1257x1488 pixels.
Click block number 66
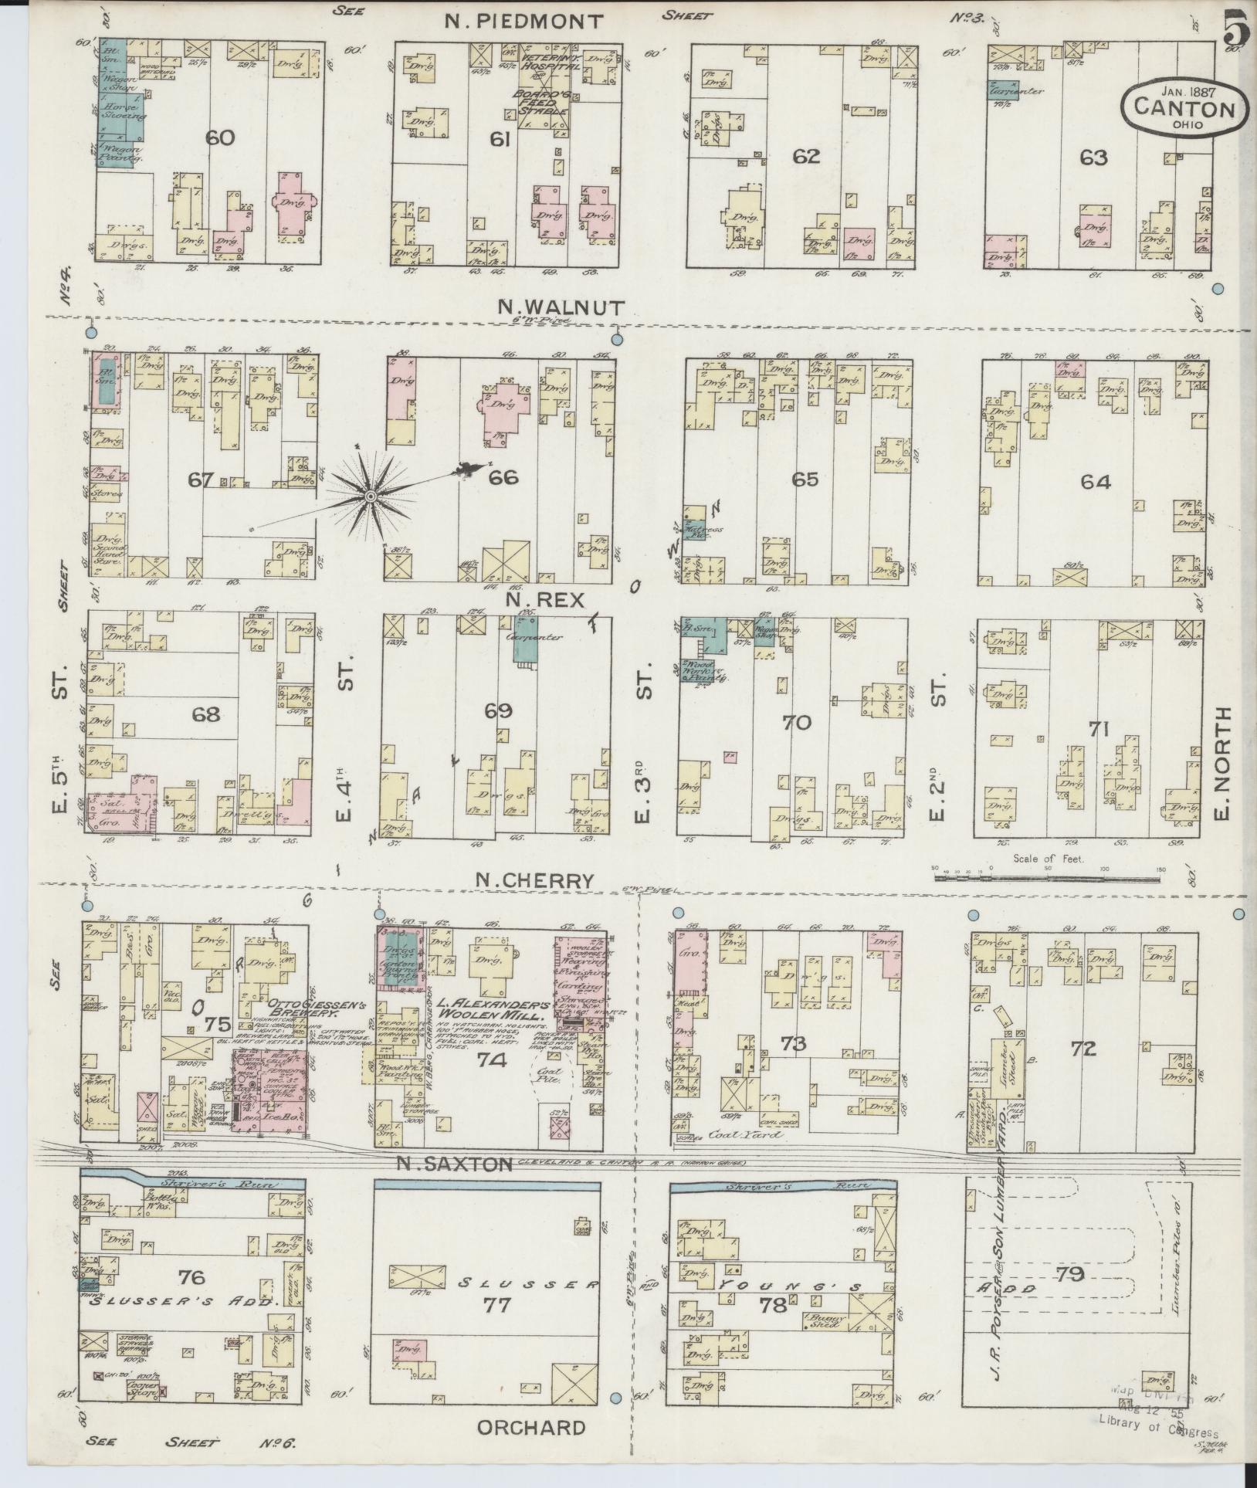[503, 479]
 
